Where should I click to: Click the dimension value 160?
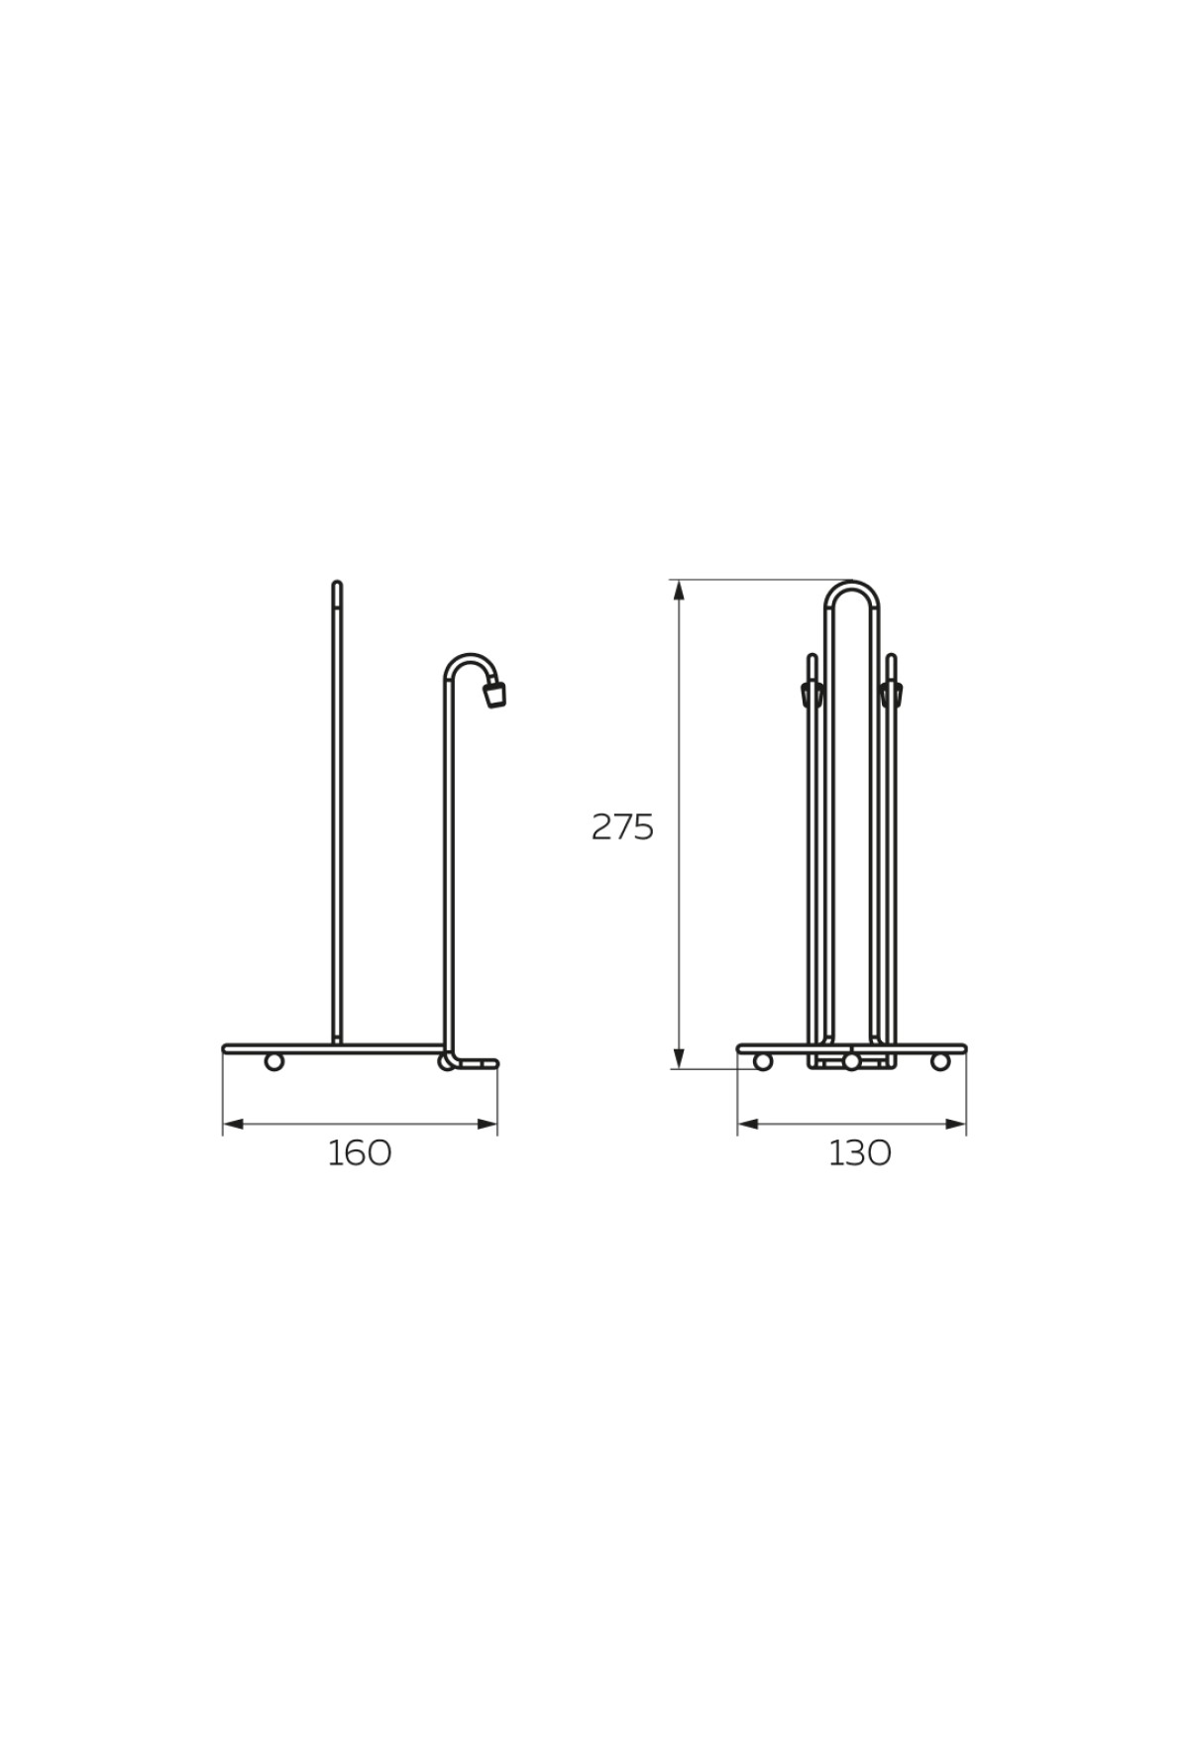(360, 1152)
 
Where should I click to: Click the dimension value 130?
(860, 1152)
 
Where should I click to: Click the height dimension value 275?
(623, 826)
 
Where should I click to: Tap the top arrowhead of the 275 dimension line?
(679, 591)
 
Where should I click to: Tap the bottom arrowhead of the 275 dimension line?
(679, 1057)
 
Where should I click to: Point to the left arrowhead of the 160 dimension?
(234, 1124)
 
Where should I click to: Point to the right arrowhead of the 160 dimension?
(486, 1124)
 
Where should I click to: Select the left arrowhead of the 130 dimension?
(749, 1124)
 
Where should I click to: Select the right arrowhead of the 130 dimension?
(954, 1124)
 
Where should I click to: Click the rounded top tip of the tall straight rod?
(337, 584)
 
